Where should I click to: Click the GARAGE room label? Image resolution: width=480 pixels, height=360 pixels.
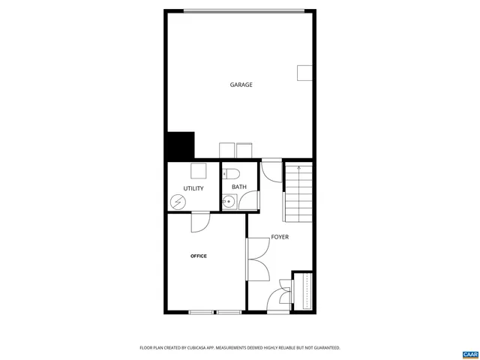(241, 85)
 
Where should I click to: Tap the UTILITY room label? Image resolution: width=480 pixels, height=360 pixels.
(193, 188)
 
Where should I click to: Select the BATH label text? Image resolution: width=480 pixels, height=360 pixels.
(239, 187)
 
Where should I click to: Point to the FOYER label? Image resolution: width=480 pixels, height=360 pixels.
(280, 237)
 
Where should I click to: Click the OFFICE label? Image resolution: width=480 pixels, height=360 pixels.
(199, 256)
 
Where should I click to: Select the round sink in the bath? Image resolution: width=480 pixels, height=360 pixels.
(228, 201)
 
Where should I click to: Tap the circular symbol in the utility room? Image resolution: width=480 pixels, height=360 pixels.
(178, 201)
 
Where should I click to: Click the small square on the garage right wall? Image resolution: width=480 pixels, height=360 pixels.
(305, 72)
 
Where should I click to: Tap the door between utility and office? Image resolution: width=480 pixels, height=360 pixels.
(200, 222)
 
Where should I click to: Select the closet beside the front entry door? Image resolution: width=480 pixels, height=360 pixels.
(303, 290)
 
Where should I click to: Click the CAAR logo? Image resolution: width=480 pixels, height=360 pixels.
(469, 353)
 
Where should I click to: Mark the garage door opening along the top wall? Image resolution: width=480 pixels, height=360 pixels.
(244, 10)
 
